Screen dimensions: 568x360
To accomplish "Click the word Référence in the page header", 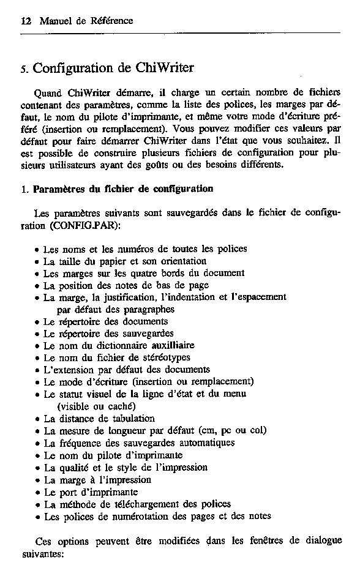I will (x=112, y=21).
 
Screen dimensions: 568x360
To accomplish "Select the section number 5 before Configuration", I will (x=24, y=69).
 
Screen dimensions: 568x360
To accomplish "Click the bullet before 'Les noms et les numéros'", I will (x=38, y=250).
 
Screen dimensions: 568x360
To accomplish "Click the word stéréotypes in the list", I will (x=165, y=357).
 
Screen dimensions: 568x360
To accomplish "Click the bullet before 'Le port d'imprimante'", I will (x=38, y=493).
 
